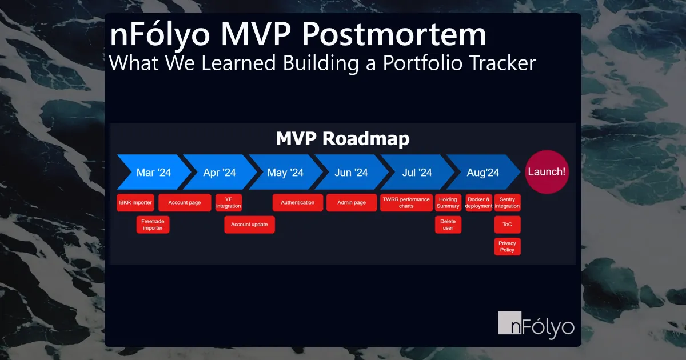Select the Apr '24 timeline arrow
pyautogui.click(x=220, y=172)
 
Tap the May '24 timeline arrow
pyautogui.click(x=285, y=172)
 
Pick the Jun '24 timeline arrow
pyautogui.click(x=351, y=172)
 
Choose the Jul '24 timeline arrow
pyautogui.click(x=417, y=172)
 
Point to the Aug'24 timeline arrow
pyautogui.click(x=482, y=172)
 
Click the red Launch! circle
pyautogui.click(x=547, y=171)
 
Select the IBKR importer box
pyautogui.click(x=135, y=203)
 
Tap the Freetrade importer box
pyautogui.click(x=153, y=225)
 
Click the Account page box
pyautogui.click(x=184, y=203)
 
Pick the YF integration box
pyautogui.click(x=229, y=203)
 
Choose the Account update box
pyautogui.click(x=249, y=225)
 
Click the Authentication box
pyautogui.click(x=298, y=203)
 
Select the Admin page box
pyautogui.click(x=352, y=203)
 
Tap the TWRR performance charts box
pyautogui.click(x=406, y=203)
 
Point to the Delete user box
pyautogui.click(x=448, y=225)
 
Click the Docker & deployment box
pyautogui.click(x=478, y=203)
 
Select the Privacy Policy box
pyautogui.click(x=507, y=246)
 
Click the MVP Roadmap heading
pyautogui.click(x=342, y=139)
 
